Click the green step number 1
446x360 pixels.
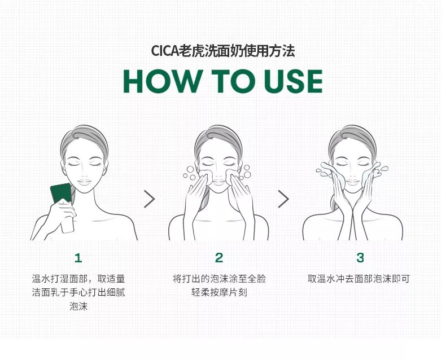78,258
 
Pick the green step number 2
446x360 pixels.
219,258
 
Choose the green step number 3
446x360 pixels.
360,258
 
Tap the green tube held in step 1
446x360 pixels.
61,194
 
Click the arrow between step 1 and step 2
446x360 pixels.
149,199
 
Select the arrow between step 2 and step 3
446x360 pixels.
283,199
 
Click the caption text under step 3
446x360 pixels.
358,279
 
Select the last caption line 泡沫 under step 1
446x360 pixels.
78,307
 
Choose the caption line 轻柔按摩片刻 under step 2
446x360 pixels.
219,293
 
